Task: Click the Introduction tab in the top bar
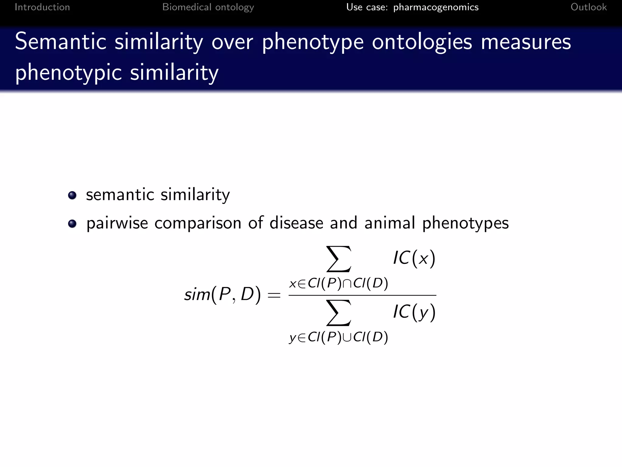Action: (x=42, y=7)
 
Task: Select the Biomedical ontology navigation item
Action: (x=208, y=7)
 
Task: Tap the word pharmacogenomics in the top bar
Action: (x=436, y=7)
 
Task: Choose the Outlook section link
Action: (x=589, y=7)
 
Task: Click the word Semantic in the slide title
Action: (x=61, y=42)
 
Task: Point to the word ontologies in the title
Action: (x=422, y=43)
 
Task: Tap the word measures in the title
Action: (x=526, y=42)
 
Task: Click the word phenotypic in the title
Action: (x=69, y=73)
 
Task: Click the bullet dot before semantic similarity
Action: (x=72, y=195)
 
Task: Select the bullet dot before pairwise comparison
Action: (x=72, y=224)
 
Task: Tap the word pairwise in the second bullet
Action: (x=117, y=223)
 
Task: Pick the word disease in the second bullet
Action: (x=296, y=223)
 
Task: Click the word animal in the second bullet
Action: (x=390, y=223)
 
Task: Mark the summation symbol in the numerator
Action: (x=339, y=259)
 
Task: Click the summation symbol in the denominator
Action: (x=339, y=313)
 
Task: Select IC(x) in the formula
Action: (x=414, y=258)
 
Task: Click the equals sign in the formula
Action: (x=274, y=295)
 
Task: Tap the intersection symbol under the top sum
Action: (x=347, y=284)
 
